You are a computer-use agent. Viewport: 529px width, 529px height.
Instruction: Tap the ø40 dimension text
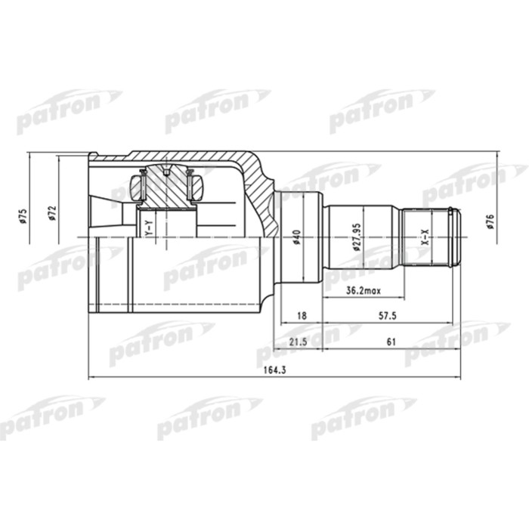298,237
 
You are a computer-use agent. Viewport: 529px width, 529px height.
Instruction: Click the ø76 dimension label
490,224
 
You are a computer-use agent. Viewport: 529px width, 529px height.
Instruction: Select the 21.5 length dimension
297,342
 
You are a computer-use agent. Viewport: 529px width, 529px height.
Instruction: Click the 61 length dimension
391,342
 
